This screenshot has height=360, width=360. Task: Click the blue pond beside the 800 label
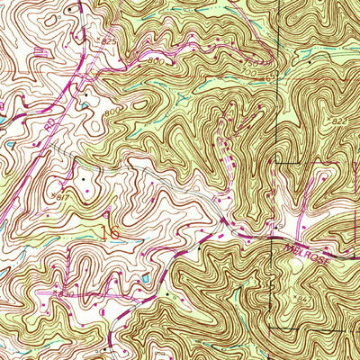coord(85,106)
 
